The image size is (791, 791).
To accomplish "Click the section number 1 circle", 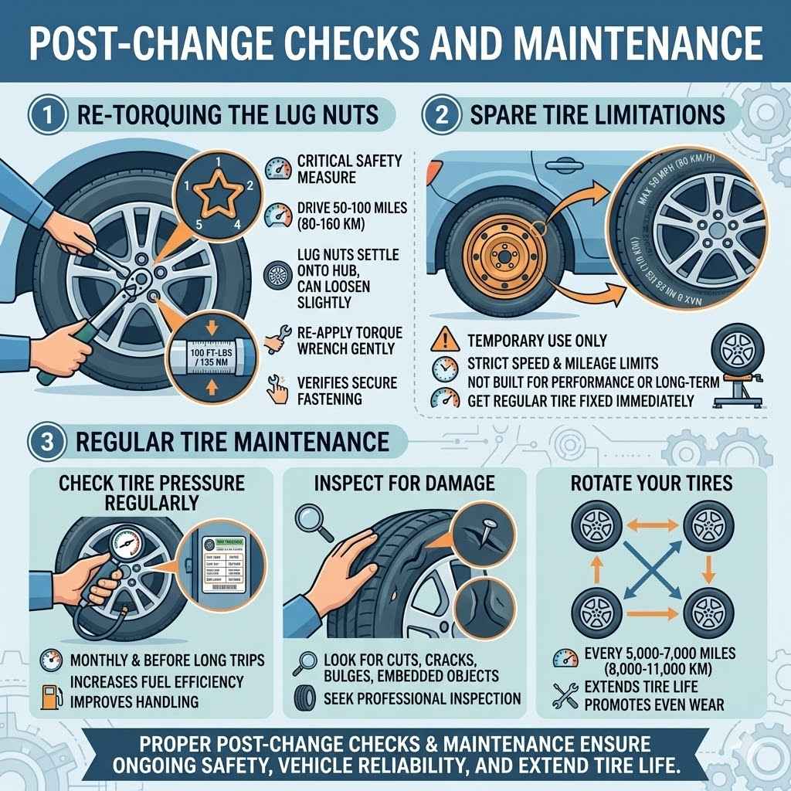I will [x=44, y=116].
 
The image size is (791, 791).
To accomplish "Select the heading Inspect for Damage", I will [x=405, y=484].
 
